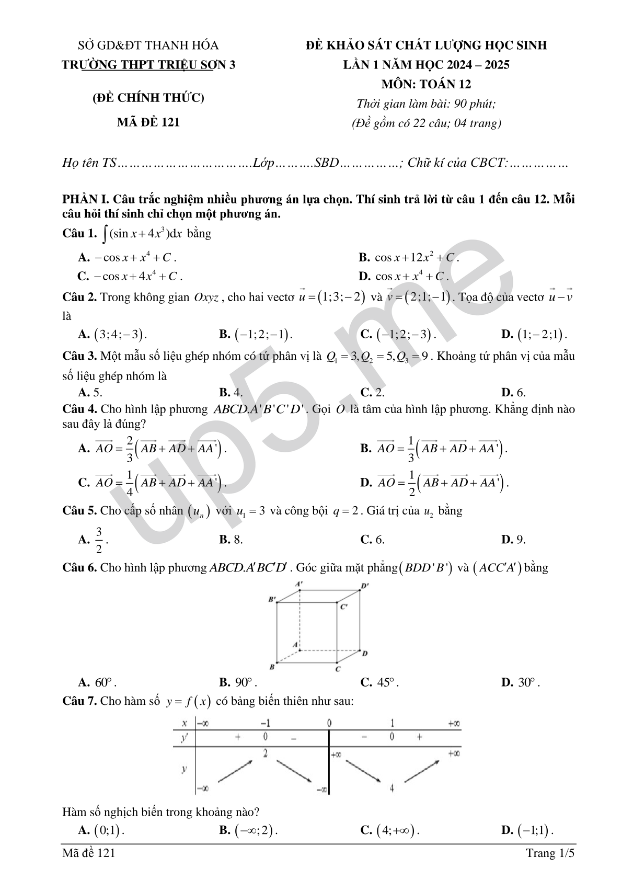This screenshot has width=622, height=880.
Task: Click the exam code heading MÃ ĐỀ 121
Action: [x=148, y=122]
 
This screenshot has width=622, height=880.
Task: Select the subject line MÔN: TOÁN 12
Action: [x=426, y=84]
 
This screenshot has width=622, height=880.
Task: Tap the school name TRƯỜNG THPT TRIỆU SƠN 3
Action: [x=148, y=65]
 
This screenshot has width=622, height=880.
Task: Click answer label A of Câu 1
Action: [x=84, y=257]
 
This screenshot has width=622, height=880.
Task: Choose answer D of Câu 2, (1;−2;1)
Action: [x=534, y=335]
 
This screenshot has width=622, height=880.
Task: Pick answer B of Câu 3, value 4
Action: [x=231, y=393]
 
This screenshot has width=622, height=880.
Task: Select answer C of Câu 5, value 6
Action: [x=373, y=540]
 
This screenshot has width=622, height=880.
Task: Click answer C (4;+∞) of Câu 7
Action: [x=390, y=830]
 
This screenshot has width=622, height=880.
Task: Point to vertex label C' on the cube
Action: [x=344, y=607]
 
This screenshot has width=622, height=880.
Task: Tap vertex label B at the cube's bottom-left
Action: [x=272, y=667]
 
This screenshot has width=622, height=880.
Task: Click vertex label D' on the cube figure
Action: [x=365, y=586]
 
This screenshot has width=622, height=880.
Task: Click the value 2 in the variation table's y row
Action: [x=266, y=753]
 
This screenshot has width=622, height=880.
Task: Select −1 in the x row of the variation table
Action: [x=266, y=724]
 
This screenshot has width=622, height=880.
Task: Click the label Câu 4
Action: [x=79, y=409]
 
